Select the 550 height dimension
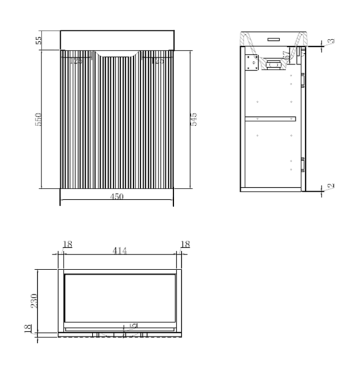coord(37,119)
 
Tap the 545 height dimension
coord(194,119)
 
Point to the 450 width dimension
coord(117,197)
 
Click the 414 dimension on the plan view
coord(119,251)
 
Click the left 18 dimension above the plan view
coord(67,244)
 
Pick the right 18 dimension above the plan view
coord(185,244)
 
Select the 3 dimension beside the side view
coord(331,41)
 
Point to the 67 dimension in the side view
coord(289,56)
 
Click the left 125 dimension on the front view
coord(76,61)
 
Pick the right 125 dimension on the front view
coord(158,61)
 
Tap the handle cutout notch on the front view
coord(118,56)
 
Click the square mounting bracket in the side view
coord(252,61)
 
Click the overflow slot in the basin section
coord(274,38)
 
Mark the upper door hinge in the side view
coord(303,77)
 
